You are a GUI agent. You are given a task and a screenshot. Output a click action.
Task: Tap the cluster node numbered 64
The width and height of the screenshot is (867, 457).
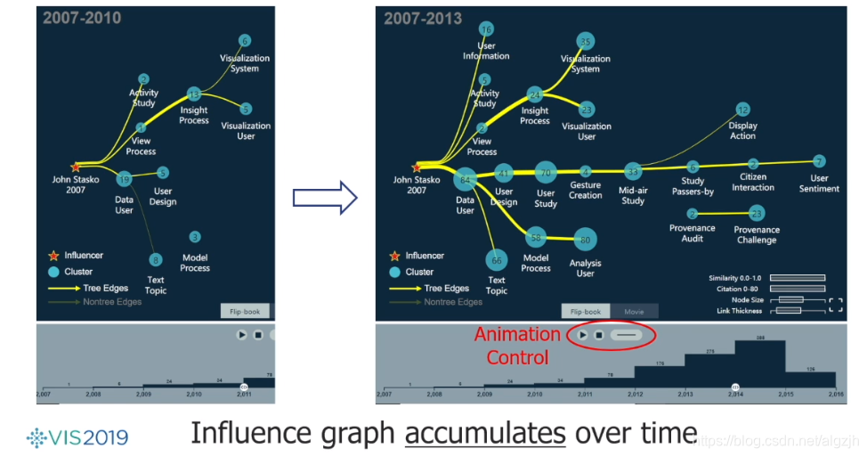465,179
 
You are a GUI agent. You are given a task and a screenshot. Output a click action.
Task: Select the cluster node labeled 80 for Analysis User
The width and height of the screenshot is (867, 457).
585,240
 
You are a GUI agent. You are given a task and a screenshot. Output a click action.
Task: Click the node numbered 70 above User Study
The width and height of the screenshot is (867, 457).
546,173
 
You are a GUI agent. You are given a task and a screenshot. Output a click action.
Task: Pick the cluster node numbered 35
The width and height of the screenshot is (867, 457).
585,41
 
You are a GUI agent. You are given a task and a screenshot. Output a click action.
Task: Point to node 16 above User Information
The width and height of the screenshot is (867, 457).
486,29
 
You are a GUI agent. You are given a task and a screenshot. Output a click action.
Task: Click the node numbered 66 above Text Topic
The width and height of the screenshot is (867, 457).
497,260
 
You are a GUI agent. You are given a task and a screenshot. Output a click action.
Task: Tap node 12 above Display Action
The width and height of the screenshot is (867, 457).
742,110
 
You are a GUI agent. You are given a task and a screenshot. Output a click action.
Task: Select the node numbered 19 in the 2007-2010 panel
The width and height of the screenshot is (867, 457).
125,180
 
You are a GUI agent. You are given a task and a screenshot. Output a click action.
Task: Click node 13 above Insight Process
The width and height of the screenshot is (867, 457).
194,94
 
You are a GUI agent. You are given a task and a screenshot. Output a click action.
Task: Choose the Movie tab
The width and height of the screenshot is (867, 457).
634,312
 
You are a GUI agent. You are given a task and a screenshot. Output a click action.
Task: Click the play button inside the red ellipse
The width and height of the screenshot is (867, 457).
582,335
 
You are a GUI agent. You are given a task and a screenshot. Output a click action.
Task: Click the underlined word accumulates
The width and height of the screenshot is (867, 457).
485,434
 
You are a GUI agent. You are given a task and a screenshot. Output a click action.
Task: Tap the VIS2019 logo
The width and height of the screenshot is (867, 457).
77,437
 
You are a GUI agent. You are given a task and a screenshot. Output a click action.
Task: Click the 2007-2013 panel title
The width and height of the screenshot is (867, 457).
423,18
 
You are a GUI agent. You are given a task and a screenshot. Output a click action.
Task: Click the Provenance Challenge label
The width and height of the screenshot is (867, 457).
757,234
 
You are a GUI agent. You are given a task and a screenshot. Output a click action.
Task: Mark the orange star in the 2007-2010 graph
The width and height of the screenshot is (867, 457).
76,167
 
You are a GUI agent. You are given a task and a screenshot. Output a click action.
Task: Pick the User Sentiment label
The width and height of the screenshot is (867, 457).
819,183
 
